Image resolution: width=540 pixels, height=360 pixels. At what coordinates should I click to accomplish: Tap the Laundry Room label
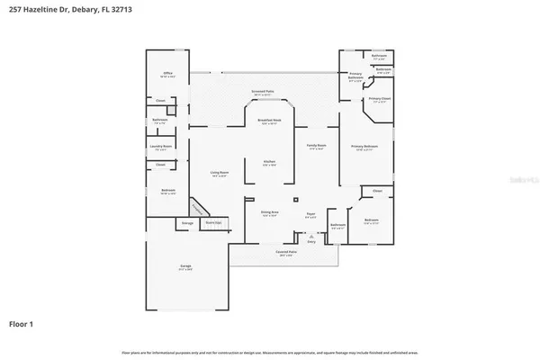tap(161, 146)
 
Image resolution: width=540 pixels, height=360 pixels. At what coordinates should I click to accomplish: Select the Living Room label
tap(219, 174)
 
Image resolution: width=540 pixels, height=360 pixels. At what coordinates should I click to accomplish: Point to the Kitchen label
tap(269, 161)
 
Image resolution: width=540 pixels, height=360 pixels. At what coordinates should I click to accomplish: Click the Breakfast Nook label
tap(269, 122)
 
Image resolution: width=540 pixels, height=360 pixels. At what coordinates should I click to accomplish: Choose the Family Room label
tap(317, 147)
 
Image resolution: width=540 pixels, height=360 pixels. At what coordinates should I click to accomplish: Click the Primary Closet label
tap(380, 99)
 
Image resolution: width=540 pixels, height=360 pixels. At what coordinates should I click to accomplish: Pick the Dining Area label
tap(269, 214)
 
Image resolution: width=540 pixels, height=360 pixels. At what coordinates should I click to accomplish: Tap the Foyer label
tap(310, 214)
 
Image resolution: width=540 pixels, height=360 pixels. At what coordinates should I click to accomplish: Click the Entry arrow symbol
tap(311, 236)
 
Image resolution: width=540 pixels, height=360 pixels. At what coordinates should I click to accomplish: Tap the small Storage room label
tap(187, 222)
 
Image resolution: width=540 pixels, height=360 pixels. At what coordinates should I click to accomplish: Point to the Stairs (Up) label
tap(213, 221)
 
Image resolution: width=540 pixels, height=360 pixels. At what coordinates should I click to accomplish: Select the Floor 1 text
tap(22, 322)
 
